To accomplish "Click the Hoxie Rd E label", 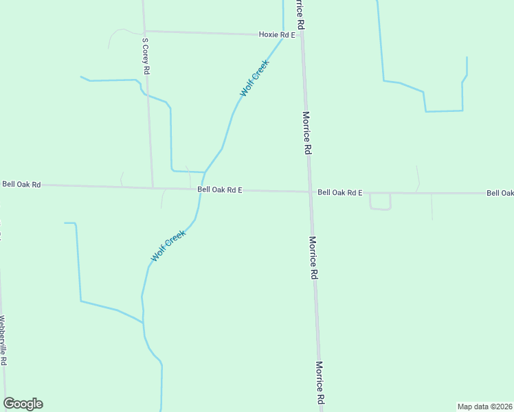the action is pyautogui.click(x=276, y=34).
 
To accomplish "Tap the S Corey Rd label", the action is pyautogui.click(x=146, y=56).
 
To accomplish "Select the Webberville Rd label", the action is pyautogui.click(x=3, y=341).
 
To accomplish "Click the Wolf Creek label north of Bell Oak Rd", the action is pyautogui.click(x=254, y=78).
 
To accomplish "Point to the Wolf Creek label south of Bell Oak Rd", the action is pyautogui.click(x=168, y=245).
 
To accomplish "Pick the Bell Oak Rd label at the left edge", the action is pyautogui.click(x=21, y=184).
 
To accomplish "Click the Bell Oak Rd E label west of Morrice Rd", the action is pyautogui.click(x=219, y=190).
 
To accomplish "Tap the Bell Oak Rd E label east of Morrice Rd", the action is pyautogui.click(x=339, y=193).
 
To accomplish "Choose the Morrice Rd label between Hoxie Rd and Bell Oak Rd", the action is pyautogui.click(x=307, y=133).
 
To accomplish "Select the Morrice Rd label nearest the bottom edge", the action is pyautogui.click(x=320, y=382).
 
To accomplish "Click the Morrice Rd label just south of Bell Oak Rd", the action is pyautogui.click(x=313, y=257).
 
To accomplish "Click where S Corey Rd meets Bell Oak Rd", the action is pyautogui.click(x=152, y=187).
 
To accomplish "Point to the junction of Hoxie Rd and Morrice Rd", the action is pyautogui.click(x=302, y=35).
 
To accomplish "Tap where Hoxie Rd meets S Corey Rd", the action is pyautogui.click(x=144, y=31).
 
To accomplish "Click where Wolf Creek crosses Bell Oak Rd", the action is pyautogui.click(x=201, y=190).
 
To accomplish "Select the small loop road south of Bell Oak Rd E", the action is pyautogui.click(x=380, y=202).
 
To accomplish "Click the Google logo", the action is pyautogui.click(x=23, y=404).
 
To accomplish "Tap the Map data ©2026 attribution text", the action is pyautogui.click(x=484, y=407).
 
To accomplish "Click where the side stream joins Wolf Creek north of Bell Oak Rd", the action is pyautogui.click(x=205, y=172).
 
